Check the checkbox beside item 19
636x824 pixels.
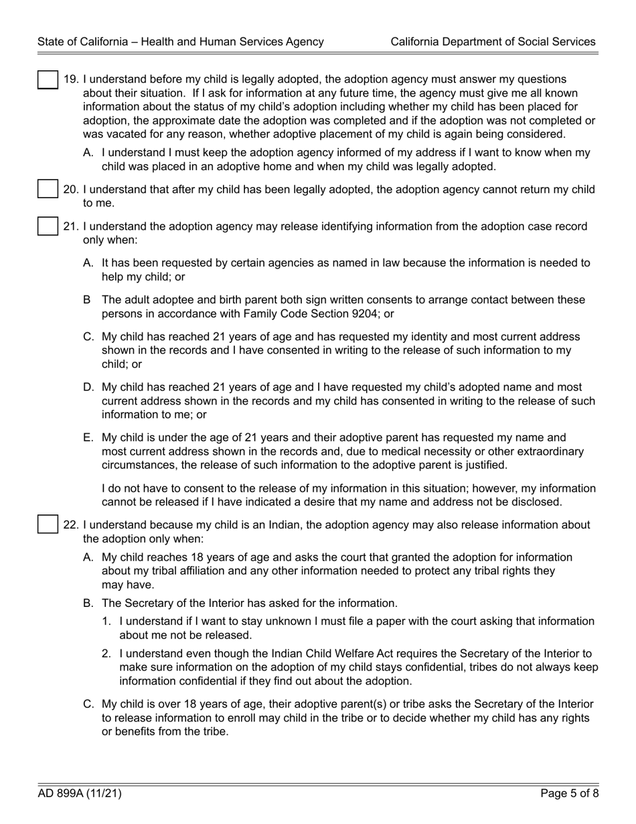[x=47, y=79]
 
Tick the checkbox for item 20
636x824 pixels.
[x=47, y=189]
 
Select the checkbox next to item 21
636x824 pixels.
[x=47, y=226]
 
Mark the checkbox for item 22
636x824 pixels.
[x=47, y=524]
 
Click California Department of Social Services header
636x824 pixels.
[x=493, y=42]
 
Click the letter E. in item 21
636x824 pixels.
[x=88, y=437]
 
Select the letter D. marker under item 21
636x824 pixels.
[x=88, y=387]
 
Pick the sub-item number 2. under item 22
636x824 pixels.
[x=106, y=653]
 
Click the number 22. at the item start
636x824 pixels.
[x=71, y=525]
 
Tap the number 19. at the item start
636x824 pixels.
[x=71, y=80]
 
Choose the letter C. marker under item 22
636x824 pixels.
[x=88, y=704]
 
